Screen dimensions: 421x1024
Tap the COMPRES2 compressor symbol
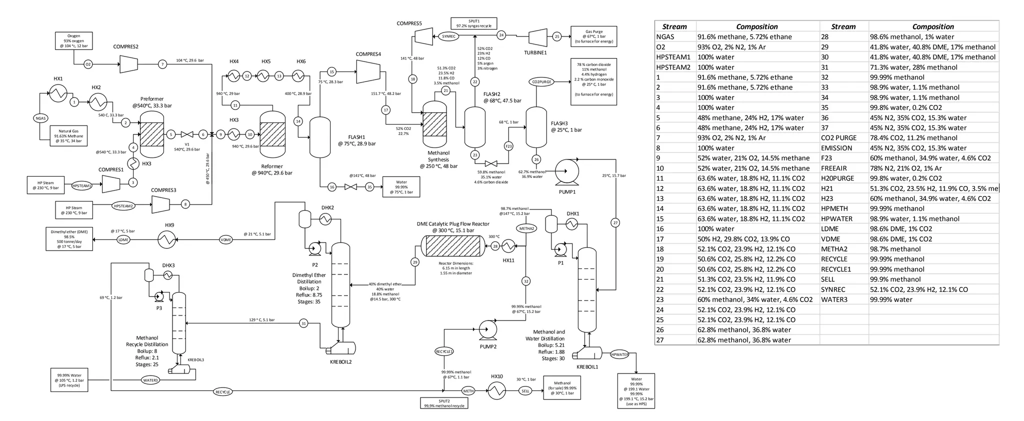129,63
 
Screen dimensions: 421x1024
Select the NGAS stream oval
41,118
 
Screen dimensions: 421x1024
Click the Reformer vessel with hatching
272,134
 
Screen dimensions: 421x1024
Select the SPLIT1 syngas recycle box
473,23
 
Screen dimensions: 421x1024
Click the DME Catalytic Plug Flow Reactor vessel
453,245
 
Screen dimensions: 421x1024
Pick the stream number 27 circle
615,222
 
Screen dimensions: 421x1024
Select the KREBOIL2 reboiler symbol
340,348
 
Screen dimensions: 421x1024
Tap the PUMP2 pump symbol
487,329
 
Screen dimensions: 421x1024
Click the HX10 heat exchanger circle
496,390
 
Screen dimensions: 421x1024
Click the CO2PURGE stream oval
541,82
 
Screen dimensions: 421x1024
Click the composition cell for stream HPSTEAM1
757,57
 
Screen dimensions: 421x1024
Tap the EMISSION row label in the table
843,148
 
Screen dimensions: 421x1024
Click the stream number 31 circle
303,323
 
